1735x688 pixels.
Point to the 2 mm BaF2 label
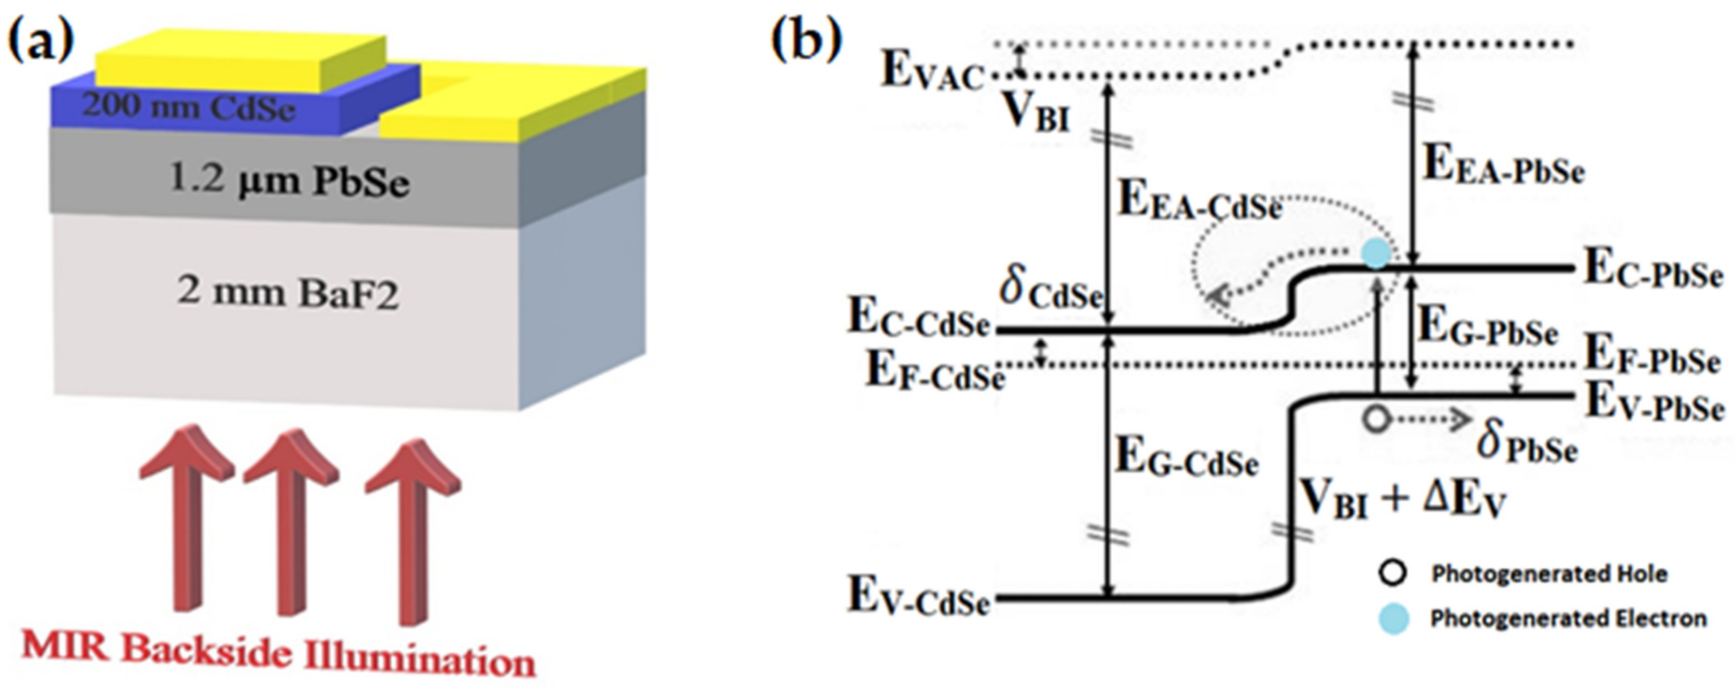[288, 295]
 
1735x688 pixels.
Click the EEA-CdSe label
[1199, 202]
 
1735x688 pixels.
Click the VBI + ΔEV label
[1401, 502]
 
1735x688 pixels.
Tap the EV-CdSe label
[919, 598]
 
